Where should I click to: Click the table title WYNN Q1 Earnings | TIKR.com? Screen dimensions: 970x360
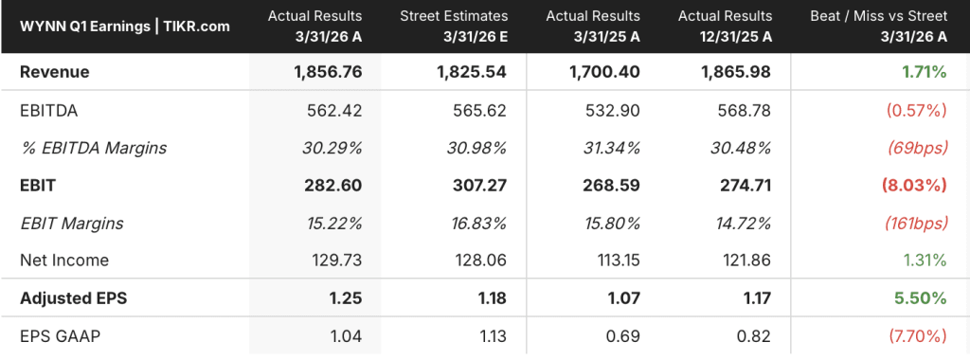click(x=125, y=27)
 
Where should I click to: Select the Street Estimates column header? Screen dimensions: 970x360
click(x=454, y=26)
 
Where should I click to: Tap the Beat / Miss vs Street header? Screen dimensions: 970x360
click(x=878, y=26)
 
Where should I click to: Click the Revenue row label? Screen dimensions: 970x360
click(x=54, y=72)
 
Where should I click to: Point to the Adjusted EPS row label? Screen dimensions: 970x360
click(x=73, y=298)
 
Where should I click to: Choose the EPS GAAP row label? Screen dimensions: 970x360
click(x=60, y=336)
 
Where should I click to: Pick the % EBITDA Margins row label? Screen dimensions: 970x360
click(x=93, y=148)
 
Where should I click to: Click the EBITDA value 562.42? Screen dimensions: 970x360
click(x=334, y=110)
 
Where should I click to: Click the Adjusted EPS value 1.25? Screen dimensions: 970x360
click(x=347, y=298)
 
